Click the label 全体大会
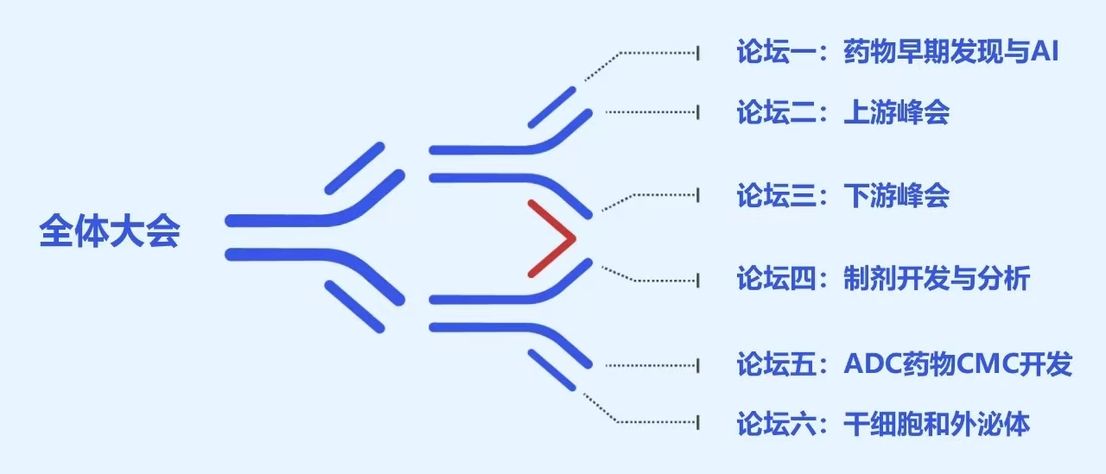(110, 230)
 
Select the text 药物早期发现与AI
(951, 51)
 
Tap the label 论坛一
(776, 51)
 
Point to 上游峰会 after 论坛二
(896, 112)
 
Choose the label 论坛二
(776, 112)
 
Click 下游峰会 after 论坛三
(896, 195)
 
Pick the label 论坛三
(776, 195)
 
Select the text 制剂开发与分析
(937, 278)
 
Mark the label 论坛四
(776, 278)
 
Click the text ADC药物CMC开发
(958, 364)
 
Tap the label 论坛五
(776, 364)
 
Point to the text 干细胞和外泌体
(937, 424)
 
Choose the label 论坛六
(776, 424)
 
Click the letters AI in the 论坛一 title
(1045, 51)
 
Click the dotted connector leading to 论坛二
(652, 112)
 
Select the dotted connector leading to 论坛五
(652, 365)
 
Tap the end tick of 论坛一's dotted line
(698, 53)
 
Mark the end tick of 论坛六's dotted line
(698, 422)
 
